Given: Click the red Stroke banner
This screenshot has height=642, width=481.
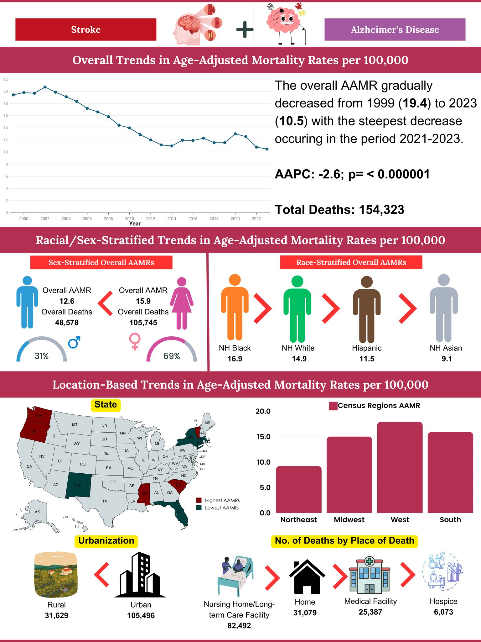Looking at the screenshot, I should [85, 29].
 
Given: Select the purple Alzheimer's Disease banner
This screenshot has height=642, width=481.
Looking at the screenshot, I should [395, 29].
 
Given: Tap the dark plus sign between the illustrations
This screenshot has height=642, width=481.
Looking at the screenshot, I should [245, 30].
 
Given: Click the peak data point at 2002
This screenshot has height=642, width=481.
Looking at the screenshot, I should [45, 87].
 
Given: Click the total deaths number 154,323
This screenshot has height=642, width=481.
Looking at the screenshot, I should [381, 210].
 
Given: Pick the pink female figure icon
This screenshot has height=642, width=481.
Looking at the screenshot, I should [182, 303].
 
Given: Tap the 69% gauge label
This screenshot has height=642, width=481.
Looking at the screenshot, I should [172, 356].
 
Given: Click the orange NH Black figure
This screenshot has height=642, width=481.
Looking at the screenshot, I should [235, 307].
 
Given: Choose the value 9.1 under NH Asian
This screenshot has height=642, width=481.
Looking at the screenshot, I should [447, 359].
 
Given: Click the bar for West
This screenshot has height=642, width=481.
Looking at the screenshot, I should [400, 467].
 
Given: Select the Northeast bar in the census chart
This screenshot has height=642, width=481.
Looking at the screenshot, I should [299, 489].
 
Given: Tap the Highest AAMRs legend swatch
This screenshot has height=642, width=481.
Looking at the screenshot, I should [199, 500].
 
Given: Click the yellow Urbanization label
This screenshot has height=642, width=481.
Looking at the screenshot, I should [106, 541].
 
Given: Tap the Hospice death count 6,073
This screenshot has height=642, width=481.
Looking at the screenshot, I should [443, 612].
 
